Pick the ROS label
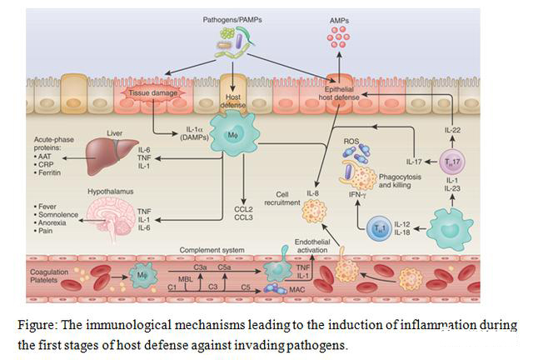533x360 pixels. click(x=351, y=142)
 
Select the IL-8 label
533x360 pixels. click(x=313, y=193)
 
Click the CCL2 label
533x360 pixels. click(x=242, y=204)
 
